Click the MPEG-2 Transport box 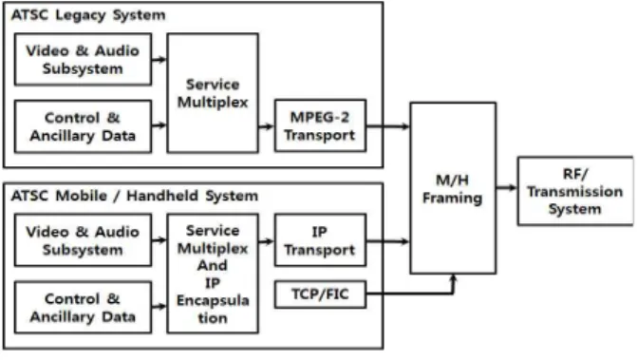click(320, 126)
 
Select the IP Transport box click(320, 240)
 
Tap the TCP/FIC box click(320, 294)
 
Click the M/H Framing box click(453, 188)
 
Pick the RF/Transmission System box click(575, 191)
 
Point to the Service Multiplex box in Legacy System click(213, 93)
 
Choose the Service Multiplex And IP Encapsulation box click(213, 274)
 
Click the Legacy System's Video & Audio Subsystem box click(83, 59)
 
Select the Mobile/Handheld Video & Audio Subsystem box click(83, 240)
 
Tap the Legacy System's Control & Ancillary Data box click(83, 126)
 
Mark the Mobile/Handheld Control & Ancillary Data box click(83, 308)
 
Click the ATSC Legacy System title click(88, 15)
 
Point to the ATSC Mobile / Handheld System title click(135, 196)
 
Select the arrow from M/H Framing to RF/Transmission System click(507, 188)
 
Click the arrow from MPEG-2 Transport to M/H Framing click(388, 126)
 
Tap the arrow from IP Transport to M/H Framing click(388, 242)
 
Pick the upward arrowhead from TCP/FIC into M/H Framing click(454, 278)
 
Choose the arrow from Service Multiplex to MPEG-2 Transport click(266, 126)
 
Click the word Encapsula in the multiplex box click(213, 301)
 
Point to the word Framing click(453, 199)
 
